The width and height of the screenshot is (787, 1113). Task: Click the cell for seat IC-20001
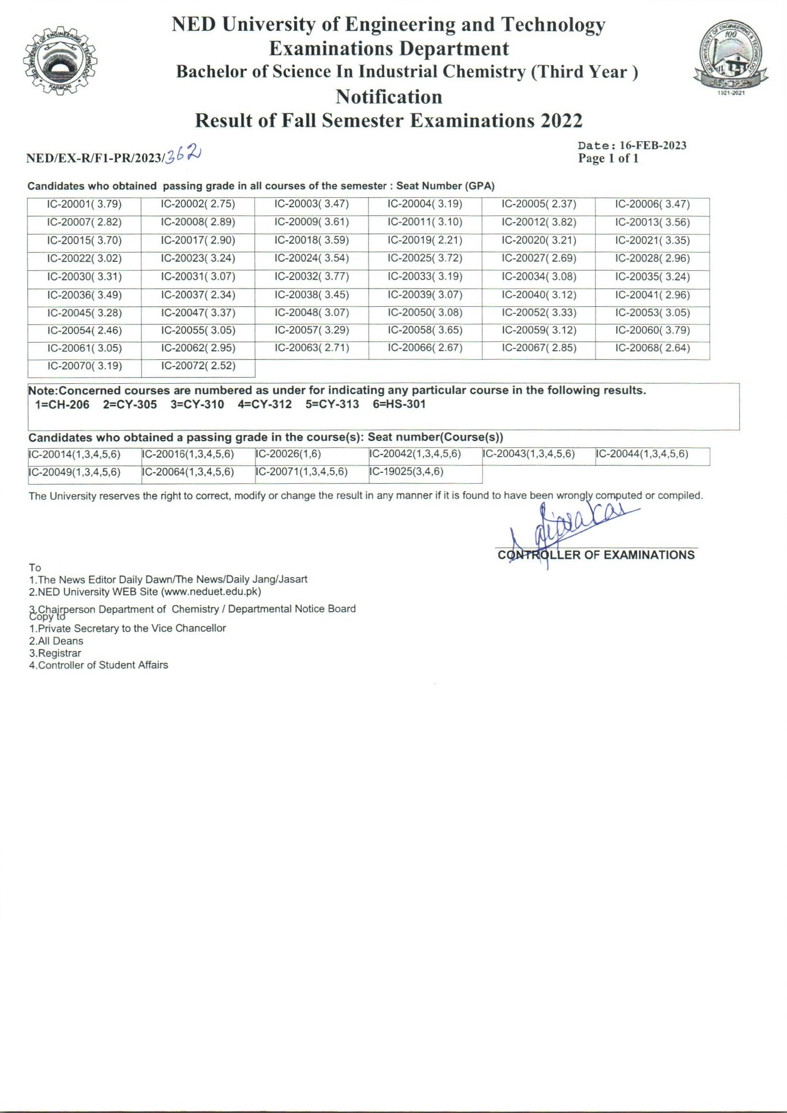click(x=84, y=205)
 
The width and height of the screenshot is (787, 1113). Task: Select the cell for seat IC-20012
click(x=538, y=223)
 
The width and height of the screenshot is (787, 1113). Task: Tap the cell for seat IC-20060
click(x=652, y=331)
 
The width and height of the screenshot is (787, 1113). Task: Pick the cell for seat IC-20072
click(x=198, y=366)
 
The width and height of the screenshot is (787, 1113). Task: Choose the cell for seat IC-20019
click(x=424, y=240)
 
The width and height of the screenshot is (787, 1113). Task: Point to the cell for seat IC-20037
click(x=198, y=295)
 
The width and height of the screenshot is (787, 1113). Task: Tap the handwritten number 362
click(x=183, y=155)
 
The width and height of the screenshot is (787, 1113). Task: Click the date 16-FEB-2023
click(x=652, y=145)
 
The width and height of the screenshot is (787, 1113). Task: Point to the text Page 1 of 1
click(x=608, y=158)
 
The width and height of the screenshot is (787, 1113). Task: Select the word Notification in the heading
click(x=388, y=97)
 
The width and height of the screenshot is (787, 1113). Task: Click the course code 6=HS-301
click(x=399, y=404)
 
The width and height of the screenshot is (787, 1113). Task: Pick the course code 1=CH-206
click(x=62, y=404)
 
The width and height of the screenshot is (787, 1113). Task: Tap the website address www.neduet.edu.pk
click(x=211, y=592)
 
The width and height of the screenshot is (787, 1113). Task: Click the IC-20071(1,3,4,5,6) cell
click(x=302, y=472)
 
